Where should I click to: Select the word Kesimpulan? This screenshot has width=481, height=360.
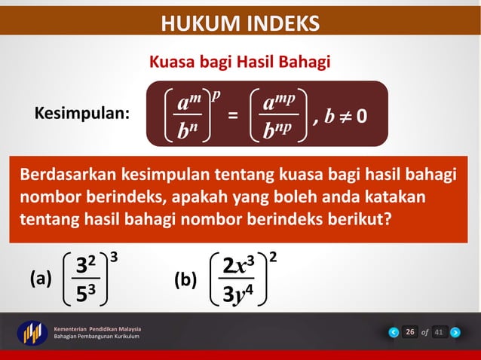[82, 114]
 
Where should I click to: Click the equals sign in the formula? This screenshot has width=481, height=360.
[233, 116]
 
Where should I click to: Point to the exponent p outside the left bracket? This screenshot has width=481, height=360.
[216, 94]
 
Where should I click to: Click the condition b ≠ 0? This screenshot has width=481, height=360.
[347, 116]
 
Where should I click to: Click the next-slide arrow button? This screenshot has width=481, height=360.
[455, 332]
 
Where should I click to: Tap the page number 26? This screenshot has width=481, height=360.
[409, 332]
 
